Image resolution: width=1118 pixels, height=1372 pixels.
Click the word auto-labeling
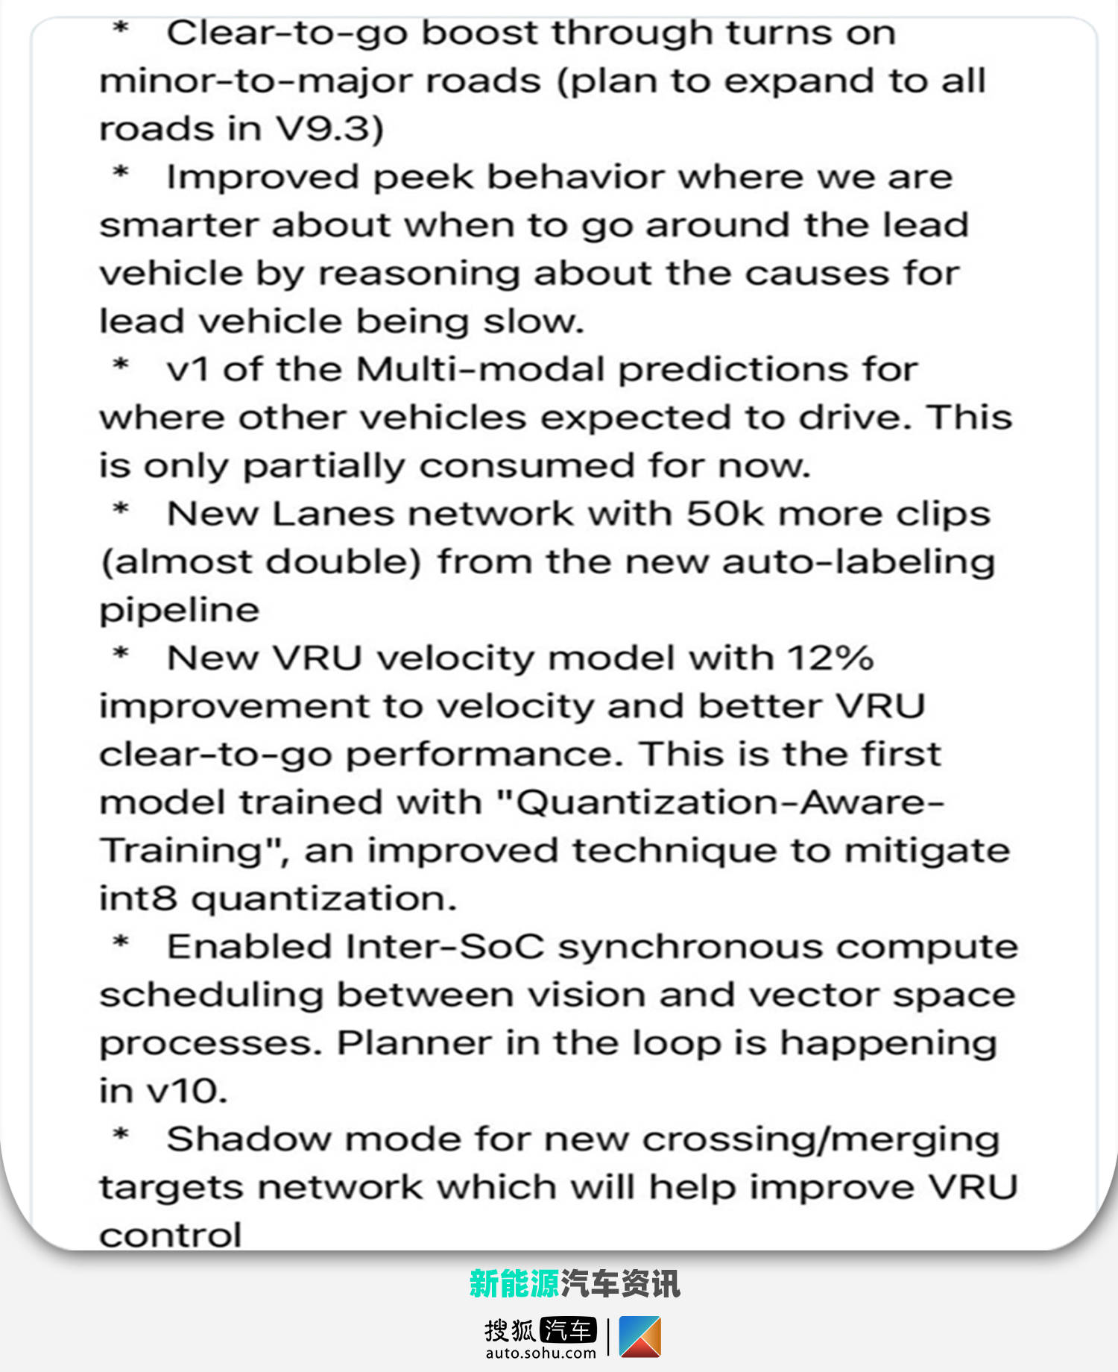tap(859, 562)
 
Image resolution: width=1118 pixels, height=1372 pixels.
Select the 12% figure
tap(830, 658)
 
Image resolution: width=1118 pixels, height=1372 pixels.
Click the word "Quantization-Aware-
tap(720, 803)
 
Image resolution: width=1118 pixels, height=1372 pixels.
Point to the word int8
tap(139, 899)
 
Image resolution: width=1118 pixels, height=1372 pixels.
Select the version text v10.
tap(186, 1092)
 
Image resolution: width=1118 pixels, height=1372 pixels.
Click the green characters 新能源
tap(514, 1284)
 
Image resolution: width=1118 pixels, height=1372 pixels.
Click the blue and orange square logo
tap(639, 1337)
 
